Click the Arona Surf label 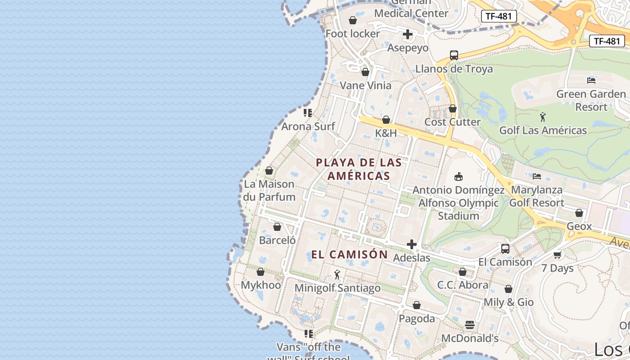pos(308,126)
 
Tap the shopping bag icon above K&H pos(386,120)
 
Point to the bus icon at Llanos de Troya pos(454,55)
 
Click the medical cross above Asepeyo pos(408,34)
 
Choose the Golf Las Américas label pos(543,130)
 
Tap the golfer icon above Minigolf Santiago pos(337,274)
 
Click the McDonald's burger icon pos(470,325)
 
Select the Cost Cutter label pos(453,122)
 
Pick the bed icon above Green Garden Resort pos(591,81)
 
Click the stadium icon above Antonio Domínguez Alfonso pos(459,176)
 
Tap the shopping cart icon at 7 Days pos(558,255)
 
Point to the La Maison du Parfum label pos(269,190)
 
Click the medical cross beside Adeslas pos(411,244)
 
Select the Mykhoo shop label pos(261,285)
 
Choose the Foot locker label pos(353,34)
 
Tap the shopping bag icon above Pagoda pos(417,305)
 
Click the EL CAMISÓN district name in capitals pos(350,255)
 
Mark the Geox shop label pos(579,226)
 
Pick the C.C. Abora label pos(463,285)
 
